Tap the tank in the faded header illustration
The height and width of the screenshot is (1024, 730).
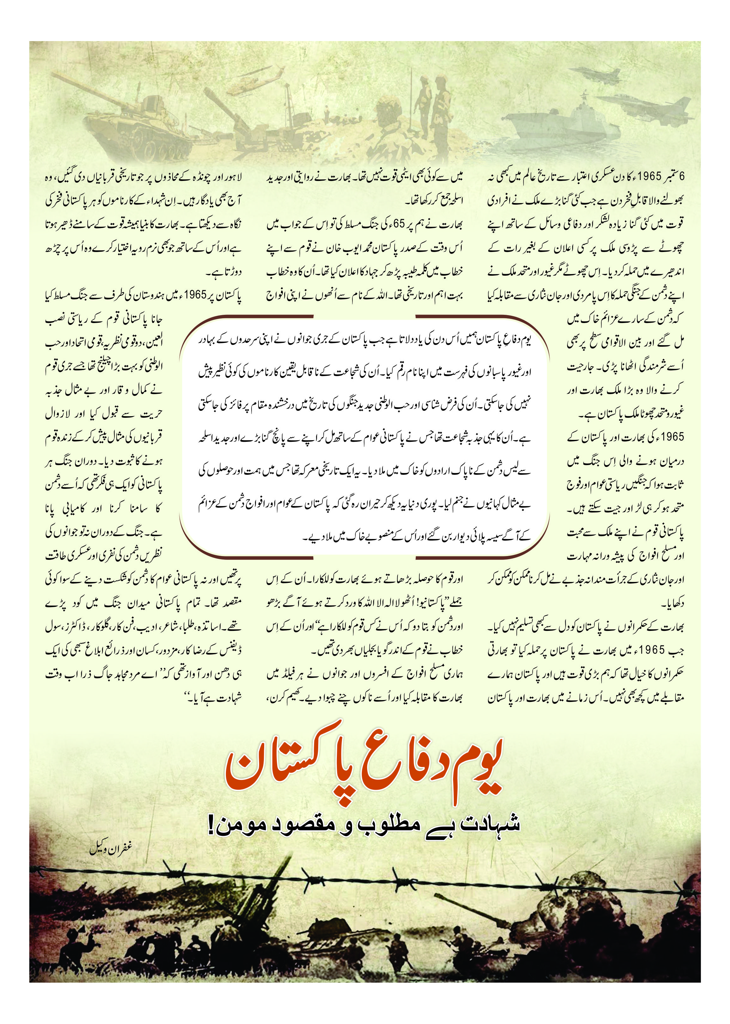click(130, 121)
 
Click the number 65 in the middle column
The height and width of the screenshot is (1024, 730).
click(399, 224)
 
